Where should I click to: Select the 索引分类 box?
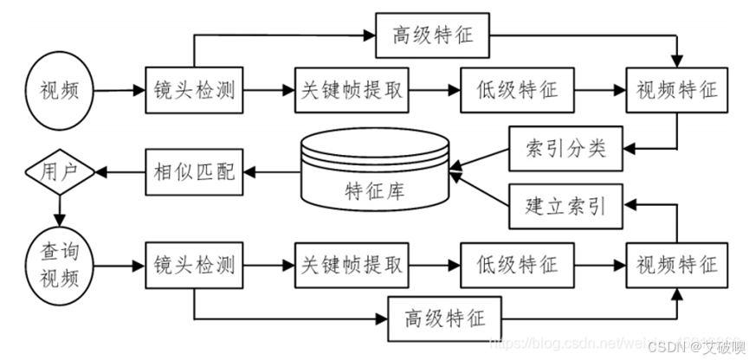tap(564, 148)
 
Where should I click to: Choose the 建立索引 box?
tap(564, 207)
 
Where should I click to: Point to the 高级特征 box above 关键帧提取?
tap(431, 36)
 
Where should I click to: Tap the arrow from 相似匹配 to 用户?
tap(119, 171)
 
